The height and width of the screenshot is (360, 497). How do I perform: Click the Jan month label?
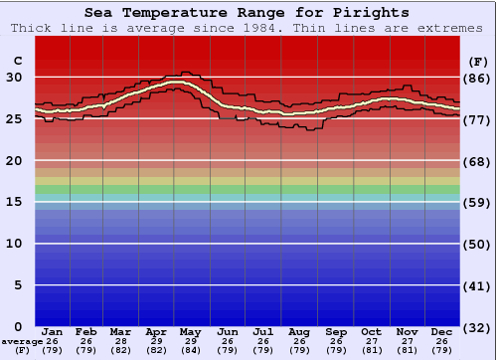[x=53, y=331]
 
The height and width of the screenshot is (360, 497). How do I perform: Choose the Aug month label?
[x=298, y=331]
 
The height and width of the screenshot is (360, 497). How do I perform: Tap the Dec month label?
[x=440, y=331]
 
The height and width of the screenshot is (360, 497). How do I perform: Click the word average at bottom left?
[x=22, y=341]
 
